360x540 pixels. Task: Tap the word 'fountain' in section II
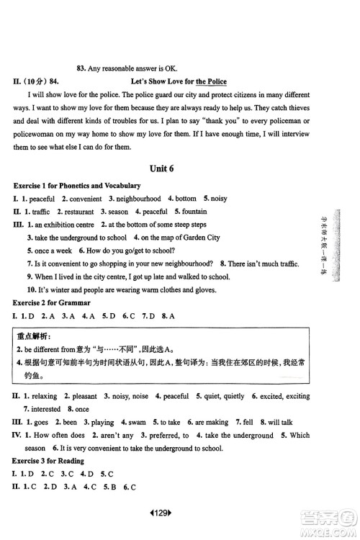[x=194, y=212]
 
